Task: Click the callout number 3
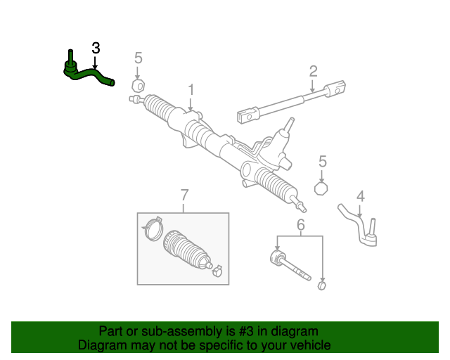[96, 48]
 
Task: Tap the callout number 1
[190, 90]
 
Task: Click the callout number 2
[313, 70]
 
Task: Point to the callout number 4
[360, 195]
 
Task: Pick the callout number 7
[184, 194]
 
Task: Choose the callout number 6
[300, 225]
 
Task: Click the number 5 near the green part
[139, 57]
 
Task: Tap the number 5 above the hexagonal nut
[323, 161]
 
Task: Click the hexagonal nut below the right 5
[322, 188]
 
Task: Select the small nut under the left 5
[139, 86]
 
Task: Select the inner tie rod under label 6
[288, 265]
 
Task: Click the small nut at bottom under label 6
[323, 285]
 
